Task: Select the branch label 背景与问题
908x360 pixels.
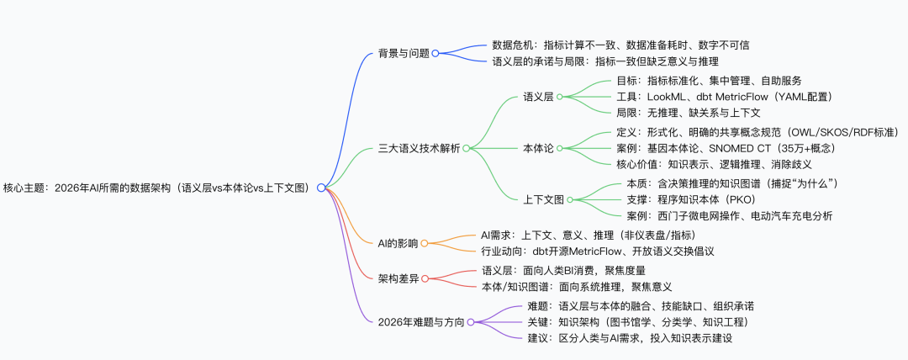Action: [x=404, y=53]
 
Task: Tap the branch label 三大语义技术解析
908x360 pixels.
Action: [x=420, y=148]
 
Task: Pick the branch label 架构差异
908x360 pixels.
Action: [x=399, y=278]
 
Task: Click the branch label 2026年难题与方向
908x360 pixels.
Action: [x=421, y=321]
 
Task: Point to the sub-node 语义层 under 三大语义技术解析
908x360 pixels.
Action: [x=538, y=97]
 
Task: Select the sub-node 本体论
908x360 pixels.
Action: [x=538, y=148]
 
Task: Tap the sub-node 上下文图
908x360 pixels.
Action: [x=543, y=199]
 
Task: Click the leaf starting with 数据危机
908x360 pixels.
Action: [x=620, y=45]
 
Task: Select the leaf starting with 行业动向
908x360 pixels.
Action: [x=597, y=251]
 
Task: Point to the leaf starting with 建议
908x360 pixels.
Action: [x=631, y=338]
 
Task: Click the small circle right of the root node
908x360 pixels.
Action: [x=320, y=188]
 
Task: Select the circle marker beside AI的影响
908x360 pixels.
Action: [x=424, y=243]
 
